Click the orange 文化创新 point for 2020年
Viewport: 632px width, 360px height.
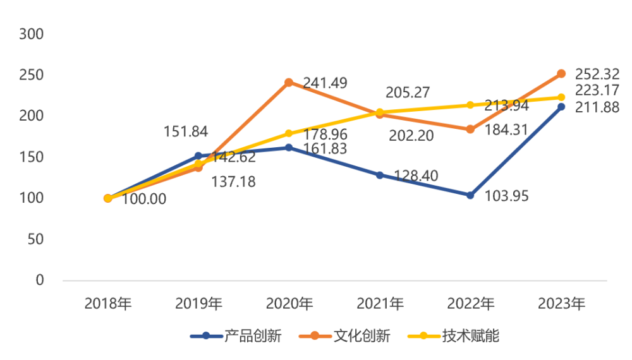click(x=289, y=82)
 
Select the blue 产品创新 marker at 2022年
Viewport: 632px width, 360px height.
click(x=470, y=195)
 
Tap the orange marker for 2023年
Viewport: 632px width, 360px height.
click(x=561, y=73)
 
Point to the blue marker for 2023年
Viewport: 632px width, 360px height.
click(x=561, y=107)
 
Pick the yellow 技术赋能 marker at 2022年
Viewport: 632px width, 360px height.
click(x=470, y=105)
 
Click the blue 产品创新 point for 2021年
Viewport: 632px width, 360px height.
click(x=380, y=175)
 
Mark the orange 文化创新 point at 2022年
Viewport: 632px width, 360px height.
click(x=470, y=129)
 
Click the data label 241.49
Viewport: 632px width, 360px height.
click(x=325, y=83)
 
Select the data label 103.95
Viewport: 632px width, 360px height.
click(x=506, y=196)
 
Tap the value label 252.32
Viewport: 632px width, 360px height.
click(x=597, y=74)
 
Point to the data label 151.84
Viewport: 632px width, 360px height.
click(x=186, y=132)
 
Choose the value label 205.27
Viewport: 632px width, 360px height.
click(x=408, y=93)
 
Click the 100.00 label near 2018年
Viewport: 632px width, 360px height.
click(x=145, y=199)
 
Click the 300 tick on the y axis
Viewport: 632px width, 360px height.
click(x=32, y=34)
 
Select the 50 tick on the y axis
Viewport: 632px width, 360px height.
click(x=36, y=239)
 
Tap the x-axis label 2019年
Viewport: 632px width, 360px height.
click(x=198, y=304)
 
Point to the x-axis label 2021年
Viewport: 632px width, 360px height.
click(x=380, y=304)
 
